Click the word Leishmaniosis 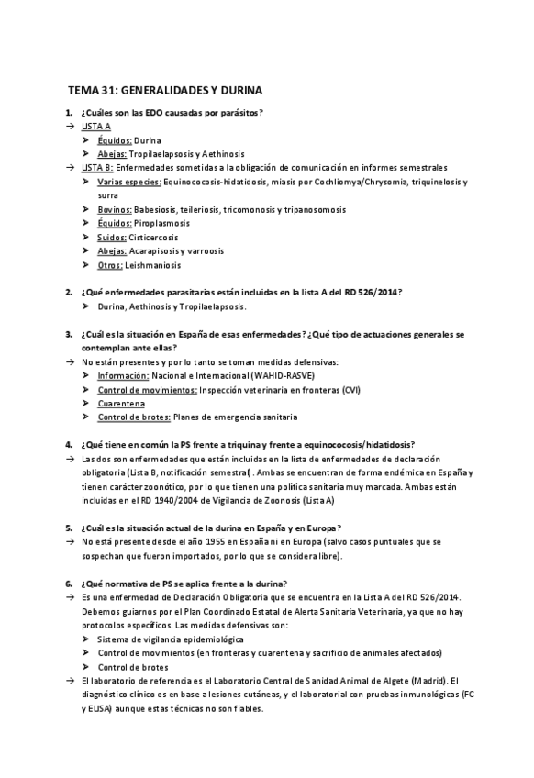click(x=156, y=265)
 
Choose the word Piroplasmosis click(x=161, y=223)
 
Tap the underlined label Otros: click(x=110, y=265)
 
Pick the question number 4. click(x=69, y=444)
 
